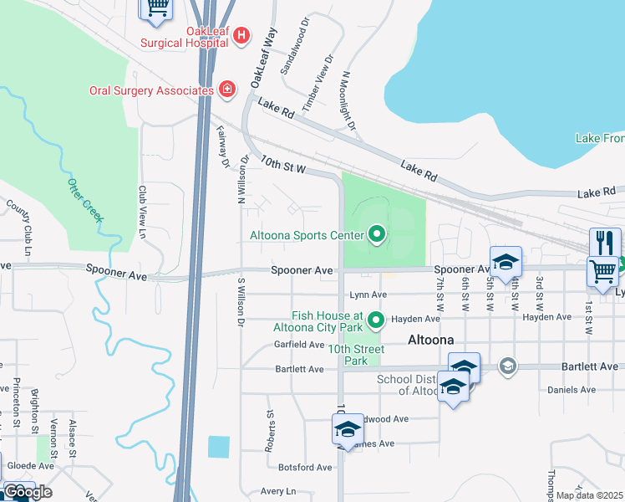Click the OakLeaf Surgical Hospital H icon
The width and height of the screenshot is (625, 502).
(x=241, y=35)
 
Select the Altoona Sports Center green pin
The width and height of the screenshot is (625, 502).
(x=376, y=235)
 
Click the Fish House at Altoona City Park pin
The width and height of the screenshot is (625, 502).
(x=376, y=319)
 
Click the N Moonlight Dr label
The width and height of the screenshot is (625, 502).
(x=348, y=104)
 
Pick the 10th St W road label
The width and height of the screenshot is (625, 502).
(x=285, y=165)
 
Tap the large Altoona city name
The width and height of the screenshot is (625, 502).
(x=430, y=341)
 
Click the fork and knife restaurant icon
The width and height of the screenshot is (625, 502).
(x=605, y=243)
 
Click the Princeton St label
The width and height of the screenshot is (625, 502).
(x=16, y=398)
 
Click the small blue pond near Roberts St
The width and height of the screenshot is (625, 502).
(x=218, y=447)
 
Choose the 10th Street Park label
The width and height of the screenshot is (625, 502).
(x=356, y=355)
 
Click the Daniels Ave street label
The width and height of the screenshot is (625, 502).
(x=571, y=390)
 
